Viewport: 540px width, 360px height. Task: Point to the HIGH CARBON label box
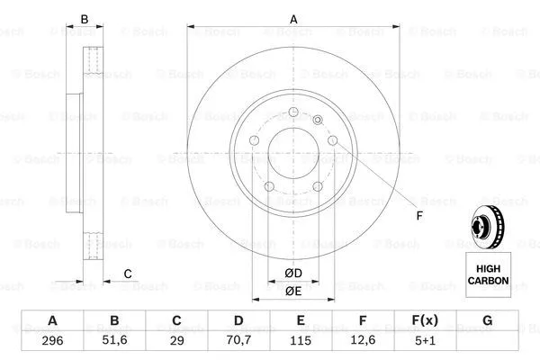point(487,274)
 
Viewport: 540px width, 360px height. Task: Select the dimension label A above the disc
point(293,18)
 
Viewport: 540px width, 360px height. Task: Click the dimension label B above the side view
point(85,18)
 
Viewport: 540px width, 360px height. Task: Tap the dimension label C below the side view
point(128,274)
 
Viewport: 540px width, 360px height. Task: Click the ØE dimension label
point(293,291)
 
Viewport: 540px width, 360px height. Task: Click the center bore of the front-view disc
point(292,149)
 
